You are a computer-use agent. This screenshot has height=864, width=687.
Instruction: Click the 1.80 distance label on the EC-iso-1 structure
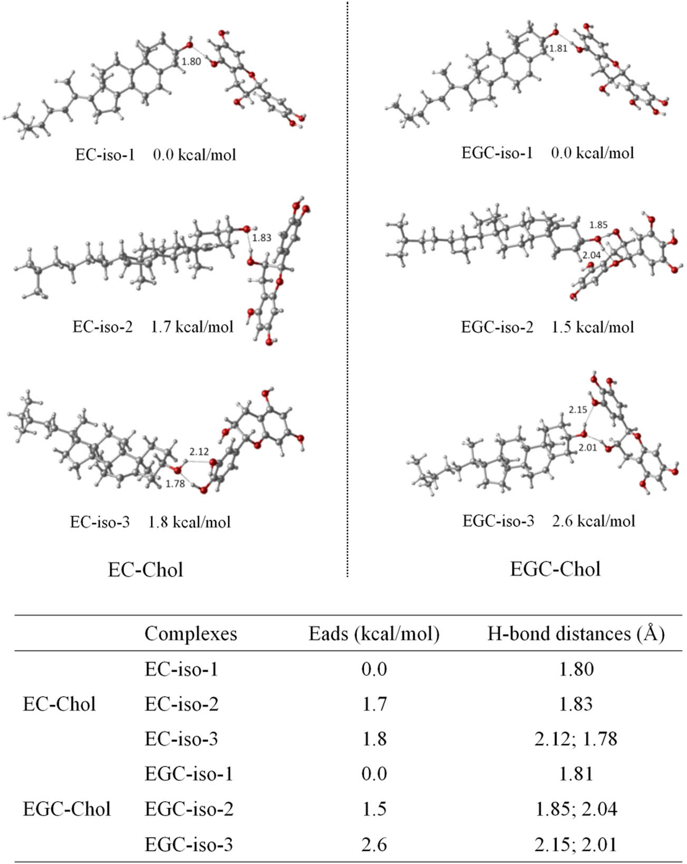coord(191,62)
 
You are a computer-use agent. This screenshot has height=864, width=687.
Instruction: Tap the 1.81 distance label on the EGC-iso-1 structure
coord(558,49)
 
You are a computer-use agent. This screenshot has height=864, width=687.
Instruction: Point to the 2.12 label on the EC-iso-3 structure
coord(199,452)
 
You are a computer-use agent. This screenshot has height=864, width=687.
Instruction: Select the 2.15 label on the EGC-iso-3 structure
coord(577,409)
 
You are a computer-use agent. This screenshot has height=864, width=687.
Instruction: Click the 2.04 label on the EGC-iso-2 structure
coord(591,255)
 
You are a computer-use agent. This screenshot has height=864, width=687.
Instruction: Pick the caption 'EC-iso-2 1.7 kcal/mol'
coord(153,327)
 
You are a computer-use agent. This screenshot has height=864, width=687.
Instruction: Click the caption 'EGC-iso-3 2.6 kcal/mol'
coord(548,521)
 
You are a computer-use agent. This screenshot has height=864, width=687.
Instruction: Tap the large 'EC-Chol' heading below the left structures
coord(146,570)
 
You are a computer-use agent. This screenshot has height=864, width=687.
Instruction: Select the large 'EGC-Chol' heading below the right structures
coord(555,569)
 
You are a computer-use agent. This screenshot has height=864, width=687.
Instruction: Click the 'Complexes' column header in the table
coord(190,633)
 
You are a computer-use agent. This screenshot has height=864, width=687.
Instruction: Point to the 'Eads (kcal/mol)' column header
coord(374,633)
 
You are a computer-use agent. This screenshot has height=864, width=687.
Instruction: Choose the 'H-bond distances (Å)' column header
coord(576,633)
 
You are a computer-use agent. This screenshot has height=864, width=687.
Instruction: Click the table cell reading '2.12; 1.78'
coord(576,739)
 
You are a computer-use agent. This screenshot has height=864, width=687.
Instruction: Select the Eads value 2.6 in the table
coord(374,844)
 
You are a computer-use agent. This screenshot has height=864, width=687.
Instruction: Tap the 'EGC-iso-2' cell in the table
coord(189,809)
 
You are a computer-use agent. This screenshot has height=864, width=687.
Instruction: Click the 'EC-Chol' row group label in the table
coord(59,704)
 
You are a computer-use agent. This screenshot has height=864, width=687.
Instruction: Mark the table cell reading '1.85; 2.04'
coord(576,809)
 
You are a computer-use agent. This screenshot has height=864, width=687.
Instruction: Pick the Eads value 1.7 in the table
coord(374,704)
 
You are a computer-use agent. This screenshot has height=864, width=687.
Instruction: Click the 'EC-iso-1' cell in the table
coord(181,669)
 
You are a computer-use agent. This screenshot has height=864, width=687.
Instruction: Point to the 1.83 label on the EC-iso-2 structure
coord(261,238)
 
